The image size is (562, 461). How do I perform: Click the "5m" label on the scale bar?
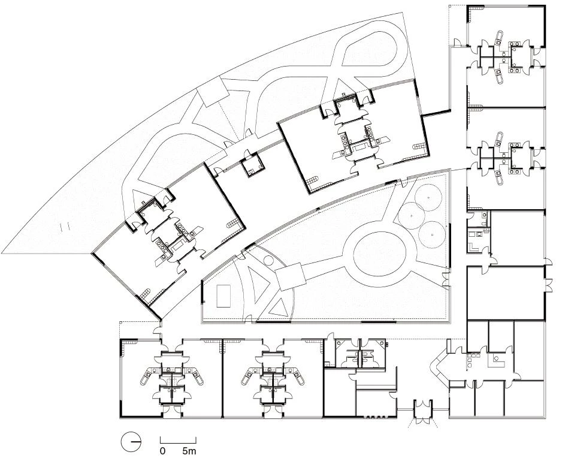pyautogui.click(x=189, y=451)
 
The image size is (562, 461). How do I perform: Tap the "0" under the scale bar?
pyautogui.click(x=162, y=451)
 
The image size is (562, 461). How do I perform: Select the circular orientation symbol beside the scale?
pyautogui.click(x=131, y=442)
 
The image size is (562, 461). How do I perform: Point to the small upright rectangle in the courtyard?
pyautogui.click(x=223, y=296)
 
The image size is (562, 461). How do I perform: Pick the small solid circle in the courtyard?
pyautogui.click(x=268, y=260)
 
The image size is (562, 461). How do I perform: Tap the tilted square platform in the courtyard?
pyautogui.click(x=291, y=276)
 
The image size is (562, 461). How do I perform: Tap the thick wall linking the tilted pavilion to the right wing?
pyautogui.click(x=436, y=113)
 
